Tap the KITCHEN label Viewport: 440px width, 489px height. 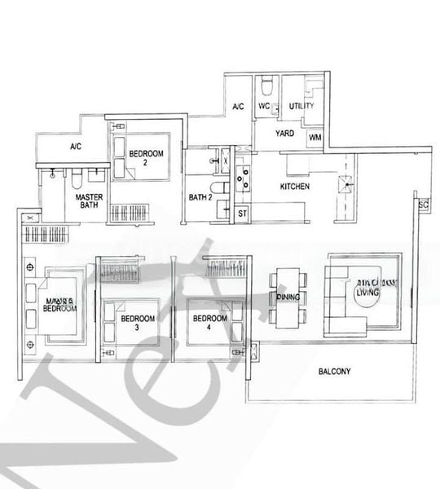pyautogui.click(x=294, y=187)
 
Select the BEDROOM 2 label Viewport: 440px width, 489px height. pyautogui.click(x=148, y=157)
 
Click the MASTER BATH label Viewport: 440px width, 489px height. pyautogui.click(x=88, y=202)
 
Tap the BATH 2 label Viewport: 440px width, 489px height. pyautogui.click(x=200, y=196)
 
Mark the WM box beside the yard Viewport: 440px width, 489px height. pyautogui.click(x=314, y=139)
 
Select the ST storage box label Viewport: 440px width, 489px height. pyautogui.click(x=242, y=214)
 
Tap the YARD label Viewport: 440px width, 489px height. pyautogui.click(x=284, y=132)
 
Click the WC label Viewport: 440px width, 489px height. pyautogui.click(x=264, y=107)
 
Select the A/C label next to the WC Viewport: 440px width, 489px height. pyautogui.click(x=239, y=107)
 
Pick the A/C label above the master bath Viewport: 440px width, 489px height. pyautogui.click(x=75, y=148)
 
